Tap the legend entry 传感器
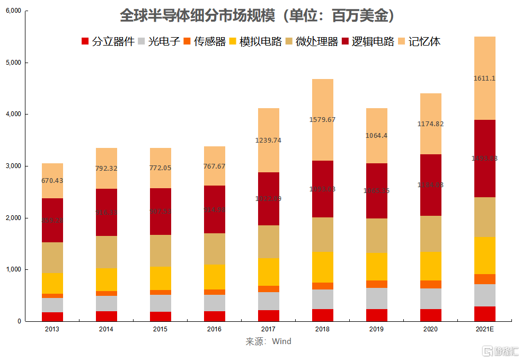[x=204, y=41]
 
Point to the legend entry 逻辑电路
[x=368, y=41]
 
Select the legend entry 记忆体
[x=419, y=41]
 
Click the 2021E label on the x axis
[x=484, y=329]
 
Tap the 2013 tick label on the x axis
[x=52, y=329]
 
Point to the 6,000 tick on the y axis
[x=13, y=11]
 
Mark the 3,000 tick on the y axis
[x=13, y=166]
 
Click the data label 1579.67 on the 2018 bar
[x=322, y=119]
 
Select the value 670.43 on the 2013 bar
[x=52, y=180]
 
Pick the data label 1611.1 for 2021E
[x=484, y=78]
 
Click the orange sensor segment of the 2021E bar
[x=484, y=279]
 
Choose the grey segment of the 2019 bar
[x=377, y=298]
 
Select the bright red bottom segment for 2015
[x=161, y=316]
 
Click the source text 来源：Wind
[x=268, y=341]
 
